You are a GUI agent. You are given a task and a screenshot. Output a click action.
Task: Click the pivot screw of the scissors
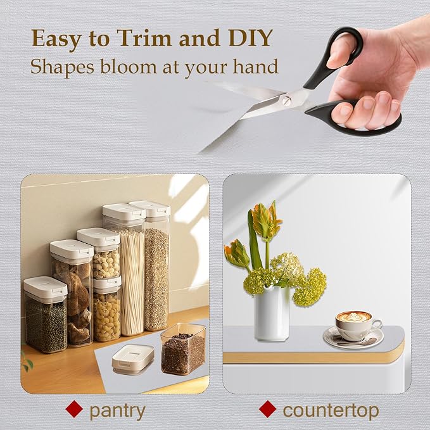click(x=287, y=101)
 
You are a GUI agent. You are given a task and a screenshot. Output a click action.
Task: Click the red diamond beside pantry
click(x=74, y=409)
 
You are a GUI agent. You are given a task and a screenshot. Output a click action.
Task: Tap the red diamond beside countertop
click(x=267, y=409)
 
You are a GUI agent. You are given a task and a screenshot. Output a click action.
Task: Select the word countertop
click(x=331, y=411)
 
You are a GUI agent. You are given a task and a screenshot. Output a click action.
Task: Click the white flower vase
click(x=272, y=313)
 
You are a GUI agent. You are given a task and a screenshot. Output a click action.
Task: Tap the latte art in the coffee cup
click(x=353, y=317)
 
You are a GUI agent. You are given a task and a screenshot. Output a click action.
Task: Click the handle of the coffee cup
click(x=377, y=325)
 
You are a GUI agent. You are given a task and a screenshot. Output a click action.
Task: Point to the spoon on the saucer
click(x=357, y=342)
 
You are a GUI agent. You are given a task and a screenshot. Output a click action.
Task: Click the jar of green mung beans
click(x=46, y=315)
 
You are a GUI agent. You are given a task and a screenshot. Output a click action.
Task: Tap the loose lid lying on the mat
click(x=133, y=358)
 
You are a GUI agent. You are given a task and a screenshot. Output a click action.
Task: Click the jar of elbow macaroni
click(x=107, y=310)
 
